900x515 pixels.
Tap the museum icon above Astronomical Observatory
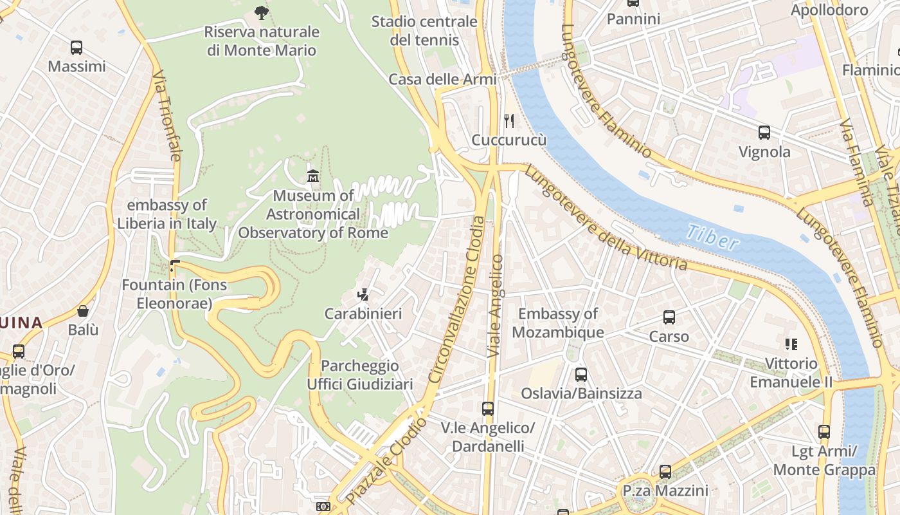[313, 175]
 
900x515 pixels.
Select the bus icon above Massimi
[76, 47]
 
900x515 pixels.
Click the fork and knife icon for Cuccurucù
[509, 120]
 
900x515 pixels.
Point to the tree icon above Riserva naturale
[261, 12]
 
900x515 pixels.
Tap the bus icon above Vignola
[764, 133]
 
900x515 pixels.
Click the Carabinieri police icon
[363, 295]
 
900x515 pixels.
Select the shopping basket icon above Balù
[83, 311]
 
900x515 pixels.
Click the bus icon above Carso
[669, 317]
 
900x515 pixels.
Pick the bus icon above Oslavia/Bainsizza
[581, 374]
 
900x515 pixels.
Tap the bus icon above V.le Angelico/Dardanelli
[488, 409]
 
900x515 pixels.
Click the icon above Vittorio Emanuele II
[791, 344]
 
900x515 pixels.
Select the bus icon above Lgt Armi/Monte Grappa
[824, 432]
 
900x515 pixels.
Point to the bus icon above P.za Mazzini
[665, 472]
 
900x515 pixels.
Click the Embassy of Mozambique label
[558, 323]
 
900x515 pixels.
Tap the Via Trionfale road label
[166, 116]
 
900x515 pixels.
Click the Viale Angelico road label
[495, 306]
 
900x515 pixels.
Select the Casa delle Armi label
[442, 79]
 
